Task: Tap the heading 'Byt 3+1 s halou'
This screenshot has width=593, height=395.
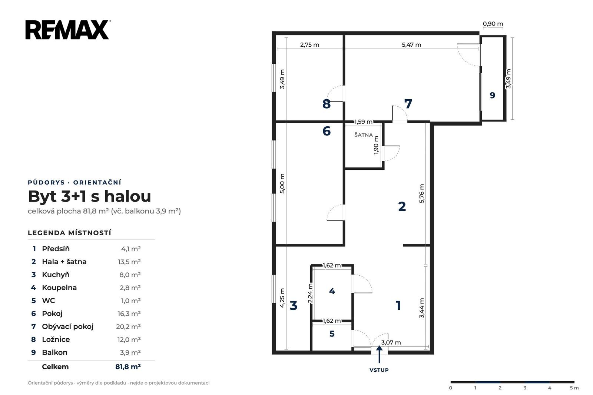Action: pyautogui.click(x=89, y=196)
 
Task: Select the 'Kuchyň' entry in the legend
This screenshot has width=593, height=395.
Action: pyautogui.click(x=56, y=275)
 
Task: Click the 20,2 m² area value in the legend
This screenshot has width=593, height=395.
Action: pyautogui.click(x=128, y=327)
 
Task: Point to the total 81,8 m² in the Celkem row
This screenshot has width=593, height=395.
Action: pyautogui.click(x=128, y=367)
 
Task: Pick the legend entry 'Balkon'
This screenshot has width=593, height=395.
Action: pyautogui.click(x=54, y=352)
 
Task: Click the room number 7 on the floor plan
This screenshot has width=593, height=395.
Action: pyautogui.click(x=408, y=104)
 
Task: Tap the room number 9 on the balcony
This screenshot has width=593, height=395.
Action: pyautogui.click(x=493, y=95)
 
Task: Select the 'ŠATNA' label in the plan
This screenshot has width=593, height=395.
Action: pyautogui.click(x=364, y=135)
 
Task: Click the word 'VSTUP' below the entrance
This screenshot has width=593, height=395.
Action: pyautogui.click(x=379, y=370)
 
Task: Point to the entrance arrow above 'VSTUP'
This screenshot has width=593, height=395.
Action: pyautogui.click(x=380, y=354)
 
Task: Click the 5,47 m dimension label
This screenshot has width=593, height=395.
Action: pyautogui.click(x=411, y=45)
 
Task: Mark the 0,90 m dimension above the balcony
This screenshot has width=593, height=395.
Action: pyautogui.click(x=493, y=24)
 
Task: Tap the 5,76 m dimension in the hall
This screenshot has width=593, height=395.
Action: pyautogui.click(x=422, y=193)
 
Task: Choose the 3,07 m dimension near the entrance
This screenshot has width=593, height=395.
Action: pyautogui.click(x=391, y=343)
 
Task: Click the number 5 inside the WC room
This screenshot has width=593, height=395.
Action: pyautogui.click(x=332, y=334)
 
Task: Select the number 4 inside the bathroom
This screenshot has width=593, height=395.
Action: pyautogui.click(x=332, y=291)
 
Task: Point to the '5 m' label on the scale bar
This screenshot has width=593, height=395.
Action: pyautogui.click(x=574, y=388)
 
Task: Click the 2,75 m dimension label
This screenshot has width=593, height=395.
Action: pyautogui.click(x=310, y=45)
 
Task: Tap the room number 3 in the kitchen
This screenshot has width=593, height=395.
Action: pyautogui.click(x=293, y=306)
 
